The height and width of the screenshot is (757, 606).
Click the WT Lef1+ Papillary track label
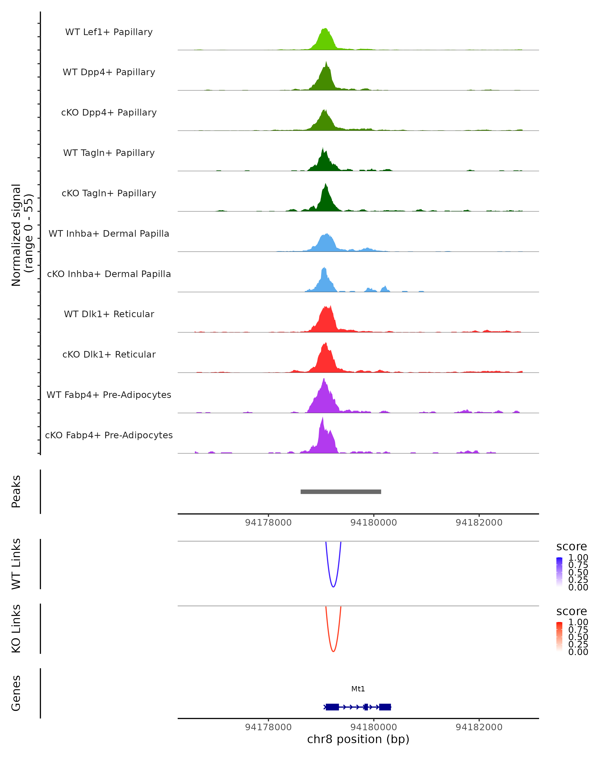click(109, 32)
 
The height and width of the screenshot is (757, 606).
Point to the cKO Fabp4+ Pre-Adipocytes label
click(109, 435)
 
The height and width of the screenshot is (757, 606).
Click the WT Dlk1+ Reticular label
click(109, 314)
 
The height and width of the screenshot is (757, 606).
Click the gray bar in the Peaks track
click(341, 492)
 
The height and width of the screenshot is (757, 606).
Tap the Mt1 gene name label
click(358, 689)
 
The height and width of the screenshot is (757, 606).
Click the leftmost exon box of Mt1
click(332, 707)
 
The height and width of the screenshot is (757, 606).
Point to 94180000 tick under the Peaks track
click(373, 523)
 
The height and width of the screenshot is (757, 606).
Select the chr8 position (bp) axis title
click(358, 739)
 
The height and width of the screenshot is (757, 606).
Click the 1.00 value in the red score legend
click(578, 622)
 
